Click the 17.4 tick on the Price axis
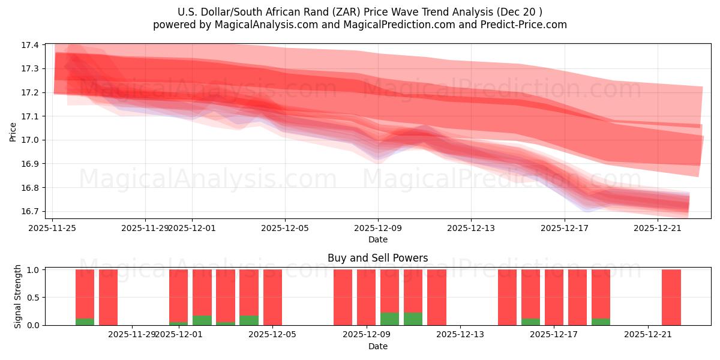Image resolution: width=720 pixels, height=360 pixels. pyautogui.click(x=31, y=45)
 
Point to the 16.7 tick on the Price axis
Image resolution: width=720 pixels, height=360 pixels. pyautogui.click(x=31, y=211)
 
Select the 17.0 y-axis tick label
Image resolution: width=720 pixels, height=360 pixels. pyautogui.click(x=31, y=140)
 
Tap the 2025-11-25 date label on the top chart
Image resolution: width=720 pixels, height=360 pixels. pyautogui.click(x=53, y=228)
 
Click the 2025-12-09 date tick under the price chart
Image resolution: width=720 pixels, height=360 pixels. pyautogui.click(x=377, y=228)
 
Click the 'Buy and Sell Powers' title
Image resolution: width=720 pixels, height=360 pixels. pyautogui.click(x=377, y=259)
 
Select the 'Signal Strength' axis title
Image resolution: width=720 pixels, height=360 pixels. pyautogui.click(x=18, y=296)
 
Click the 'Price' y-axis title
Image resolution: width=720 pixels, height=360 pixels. pyautogui.click(x=13, y=132)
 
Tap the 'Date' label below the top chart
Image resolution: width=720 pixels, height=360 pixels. pyautogui.click(x=377, y=239)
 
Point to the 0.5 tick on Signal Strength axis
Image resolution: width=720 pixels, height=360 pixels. pyautogui.click(x=33, y=298)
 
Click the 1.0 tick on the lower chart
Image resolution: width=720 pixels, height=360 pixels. pyautogui.click(x=33, y=270)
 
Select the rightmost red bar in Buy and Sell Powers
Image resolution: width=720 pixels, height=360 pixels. pyautogui.click(x=671, y=297)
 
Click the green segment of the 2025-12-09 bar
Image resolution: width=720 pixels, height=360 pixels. pyautogui.click(x=389, y=319)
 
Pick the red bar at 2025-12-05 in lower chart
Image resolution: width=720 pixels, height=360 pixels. pyautogui.click(x=272, y=297)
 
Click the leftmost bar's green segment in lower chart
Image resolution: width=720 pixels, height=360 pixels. pyautogui.click(x=85, y=322)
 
